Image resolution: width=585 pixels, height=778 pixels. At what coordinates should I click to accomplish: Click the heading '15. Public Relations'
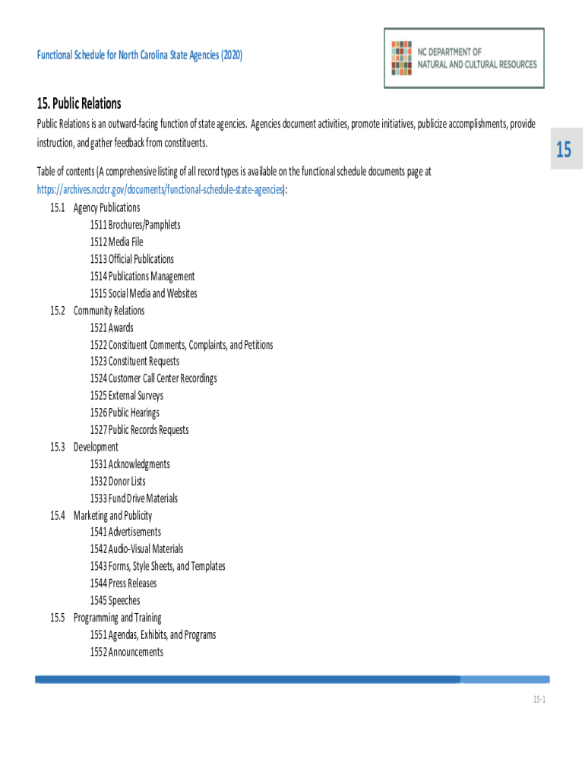pyautogui.click(x=79, y=103)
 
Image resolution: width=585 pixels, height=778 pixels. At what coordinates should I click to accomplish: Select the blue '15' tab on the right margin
pyautogui.click(x=563, y=150)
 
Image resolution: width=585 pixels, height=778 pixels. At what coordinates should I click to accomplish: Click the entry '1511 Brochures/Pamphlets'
pyautogui.click(x=134, y=225)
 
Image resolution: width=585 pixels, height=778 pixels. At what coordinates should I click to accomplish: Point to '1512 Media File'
pyautogui.click(x=116, y=242)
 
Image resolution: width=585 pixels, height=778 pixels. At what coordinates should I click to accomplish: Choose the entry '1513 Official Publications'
pyautogui.click(x=131, y=259)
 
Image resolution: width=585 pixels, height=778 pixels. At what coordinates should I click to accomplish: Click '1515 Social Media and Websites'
pyautogui.click(x=143, y=293)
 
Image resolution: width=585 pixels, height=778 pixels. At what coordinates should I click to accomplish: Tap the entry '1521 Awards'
pyautogui.click(x=111, y=327)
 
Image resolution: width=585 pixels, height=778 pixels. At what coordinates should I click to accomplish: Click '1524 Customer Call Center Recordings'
pyautogui.click(x=153, y=378)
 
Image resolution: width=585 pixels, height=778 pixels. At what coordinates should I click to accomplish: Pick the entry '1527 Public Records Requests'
pyautogui.click(x=139, y=430)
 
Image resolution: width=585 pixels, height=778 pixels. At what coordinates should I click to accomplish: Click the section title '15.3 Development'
pyautogui.click(x=84, y=447)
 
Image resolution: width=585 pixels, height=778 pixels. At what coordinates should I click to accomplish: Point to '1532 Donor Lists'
pyautogui.click(x=117, y=481)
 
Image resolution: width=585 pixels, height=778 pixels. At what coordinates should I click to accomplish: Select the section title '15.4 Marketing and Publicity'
pyautogui.click(x=101, y=515)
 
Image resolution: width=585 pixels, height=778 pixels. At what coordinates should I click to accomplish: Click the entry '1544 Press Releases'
pyautogui.click(x=123, y=583)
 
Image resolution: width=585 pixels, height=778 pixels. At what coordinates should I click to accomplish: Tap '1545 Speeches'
pyautogui.click(x=115, y=600)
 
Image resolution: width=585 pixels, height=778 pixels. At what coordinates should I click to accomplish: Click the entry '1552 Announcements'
pyautogui.click(x=126, y=652)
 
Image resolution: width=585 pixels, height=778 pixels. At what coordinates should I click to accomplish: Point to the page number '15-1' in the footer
pyautogui.click(x=539, y=700)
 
